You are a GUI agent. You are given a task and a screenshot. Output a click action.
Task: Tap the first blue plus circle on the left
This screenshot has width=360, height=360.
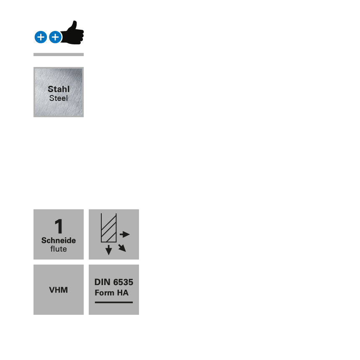[x=41, y=37]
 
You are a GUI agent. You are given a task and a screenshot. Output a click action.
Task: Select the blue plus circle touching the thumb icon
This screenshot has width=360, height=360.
[x=55, y=37]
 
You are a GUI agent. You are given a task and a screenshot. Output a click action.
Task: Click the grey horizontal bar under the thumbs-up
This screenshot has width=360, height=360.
[x=59, y=54]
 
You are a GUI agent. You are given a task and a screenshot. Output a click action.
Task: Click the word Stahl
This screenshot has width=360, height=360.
[x=59, y=89]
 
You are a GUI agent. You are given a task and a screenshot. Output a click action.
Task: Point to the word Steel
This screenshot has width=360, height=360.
[x=59, y=98]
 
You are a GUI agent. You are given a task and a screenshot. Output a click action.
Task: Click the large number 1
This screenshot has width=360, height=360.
[x=59, y=227]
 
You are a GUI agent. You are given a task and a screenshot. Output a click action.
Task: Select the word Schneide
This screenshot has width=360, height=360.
[x=59, y=240]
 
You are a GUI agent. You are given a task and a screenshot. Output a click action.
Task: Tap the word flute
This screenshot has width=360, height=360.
[x=59, y=249]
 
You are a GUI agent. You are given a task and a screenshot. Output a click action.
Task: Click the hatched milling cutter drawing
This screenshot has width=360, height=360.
[x=108, y=228]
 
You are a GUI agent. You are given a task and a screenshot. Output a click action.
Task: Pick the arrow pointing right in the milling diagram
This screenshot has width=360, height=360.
[x=125, y=234]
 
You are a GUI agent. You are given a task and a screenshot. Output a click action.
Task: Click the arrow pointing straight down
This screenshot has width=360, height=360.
[x=109, y=250]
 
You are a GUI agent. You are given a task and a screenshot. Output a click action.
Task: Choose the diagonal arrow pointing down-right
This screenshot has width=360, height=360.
[x=122, y=248]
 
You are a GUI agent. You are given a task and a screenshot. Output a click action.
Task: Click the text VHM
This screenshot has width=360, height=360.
[x=59, y=290]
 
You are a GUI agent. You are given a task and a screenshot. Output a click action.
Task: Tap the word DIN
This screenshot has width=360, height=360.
[x=102, y=282]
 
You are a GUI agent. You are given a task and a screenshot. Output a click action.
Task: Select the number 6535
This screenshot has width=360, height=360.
[x=123, y=282]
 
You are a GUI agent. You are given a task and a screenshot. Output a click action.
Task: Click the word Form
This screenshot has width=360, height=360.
[x=105, y=293]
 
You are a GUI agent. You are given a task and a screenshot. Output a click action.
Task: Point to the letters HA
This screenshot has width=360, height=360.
[x=123, y=293]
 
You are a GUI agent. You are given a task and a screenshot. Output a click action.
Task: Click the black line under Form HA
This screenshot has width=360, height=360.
[x=114, y=302]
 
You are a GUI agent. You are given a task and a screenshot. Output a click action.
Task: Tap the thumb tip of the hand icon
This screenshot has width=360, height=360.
[x=75, y=23]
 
